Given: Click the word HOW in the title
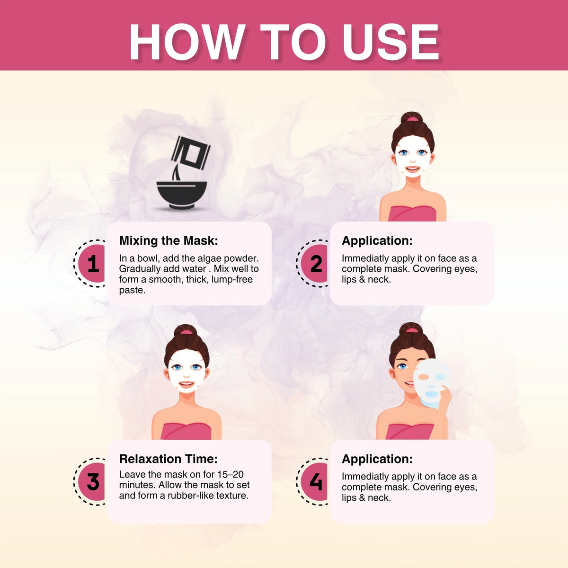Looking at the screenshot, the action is tap(187, 42).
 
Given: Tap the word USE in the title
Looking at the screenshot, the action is tap(391, 42).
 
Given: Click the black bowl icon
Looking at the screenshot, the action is tap(182, 195).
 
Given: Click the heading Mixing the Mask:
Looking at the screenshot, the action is tap(169, 240).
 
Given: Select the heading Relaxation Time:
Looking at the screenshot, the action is tap(169, 459).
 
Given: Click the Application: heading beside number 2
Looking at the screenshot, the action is tap(377, 241).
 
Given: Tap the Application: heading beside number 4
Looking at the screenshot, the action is tap(377, 459).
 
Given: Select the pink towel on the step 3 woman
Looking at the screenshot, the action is tap(186, 431).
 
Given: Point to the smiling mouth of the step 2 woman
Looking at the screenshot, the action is tap(412, 169).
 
